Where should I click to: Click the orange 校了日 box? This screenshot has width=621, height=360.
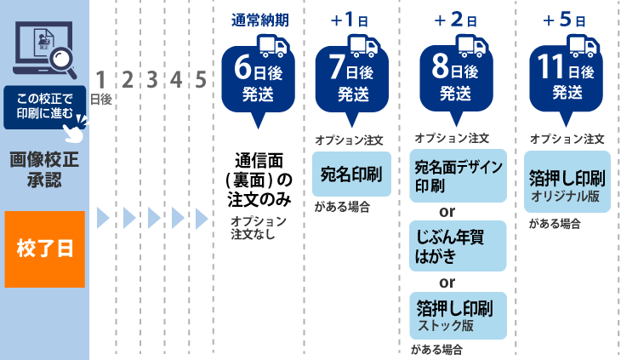pos(45,249)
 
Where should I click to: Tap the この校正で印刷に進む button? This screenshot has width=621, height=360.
pos(45,107)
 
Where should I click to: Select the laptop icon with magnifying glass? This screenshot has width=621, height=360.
pos(44,49)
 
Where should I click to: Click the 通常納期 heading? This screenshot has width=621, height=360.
pos(260,20)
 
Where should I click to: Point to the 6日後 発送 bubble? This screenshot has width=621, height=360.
pos(258,81)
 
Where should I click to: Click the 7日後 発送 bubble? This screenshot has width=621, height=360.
pos(351,81)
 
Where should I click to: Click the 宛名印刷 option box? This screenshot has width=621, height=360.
pos(351,174)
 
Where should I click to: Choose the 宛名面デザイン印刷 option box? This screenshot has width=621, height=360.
pos(458,176)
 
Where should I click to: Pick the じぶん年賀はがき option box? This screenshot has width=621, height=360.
pos(458,246)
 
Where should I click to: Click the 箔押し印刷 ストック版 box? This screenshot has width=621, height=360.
pos(458,316)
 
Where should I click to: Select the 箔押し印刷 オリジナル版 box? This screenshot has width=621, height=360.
pos(567,182)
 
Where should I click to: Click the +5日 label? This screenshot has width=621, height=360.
pos(564,20)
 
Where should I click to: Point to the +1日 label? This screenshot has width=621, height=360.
pos(349,20)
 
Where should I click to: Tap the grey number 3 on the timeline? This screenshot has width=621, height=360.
pos(152,80)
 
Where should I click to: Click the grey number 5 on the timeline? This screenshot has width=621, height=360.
pos(201,80)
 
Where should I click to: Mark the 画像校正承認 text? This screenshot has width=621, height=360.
pos(44,170)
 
